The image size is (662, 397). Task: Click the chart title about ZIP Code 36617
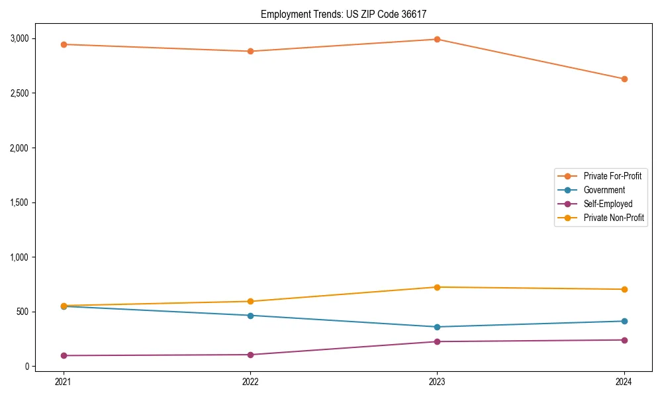coord(348,14)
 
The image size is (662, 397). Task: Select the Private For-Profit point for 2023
coord(437,39)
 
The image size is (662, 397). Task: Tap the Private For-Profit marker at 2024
coord(624,79)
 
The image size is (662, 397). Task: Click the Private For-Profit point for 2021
coord(64,44)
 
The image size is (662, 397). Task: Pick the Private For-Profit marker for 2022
coord(250,51)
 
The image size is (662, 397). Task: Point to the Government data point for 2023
coord(437,327)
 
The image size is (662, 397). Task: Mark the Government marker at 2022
coord(250,316)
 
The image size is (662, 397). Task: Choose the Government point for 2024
coord(624,321)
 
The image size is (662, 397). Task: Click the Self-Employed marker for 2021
coord(64,355)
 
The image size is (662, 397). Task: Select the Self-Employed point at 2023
coord(437,341)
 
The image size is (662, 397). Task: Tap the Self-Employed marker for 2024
coord(624,340)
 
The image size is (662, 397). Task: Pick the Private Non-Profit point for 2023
coord(437,287)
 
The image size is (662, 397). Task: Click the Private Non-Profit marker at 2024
coord(624,289)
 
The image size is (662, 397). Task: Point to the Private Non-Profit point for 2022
coord(250,301)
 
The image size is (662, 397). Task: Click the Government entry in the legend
coord(604,190)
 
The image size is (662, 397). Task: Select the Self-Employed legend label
coord(608,204)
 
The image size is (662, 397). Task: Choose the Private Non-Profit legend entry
coord(614,218)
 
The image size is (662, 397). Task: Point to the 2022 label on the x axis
coord(250,382)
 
